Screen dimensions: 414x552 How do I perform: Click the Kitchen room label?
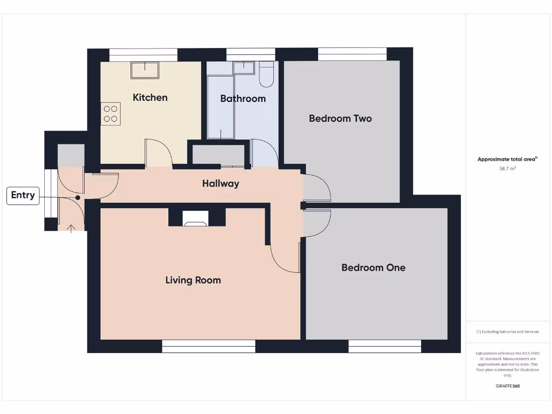coord(150,98)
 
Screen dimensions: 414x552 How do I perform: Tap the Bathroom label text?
coord(243,99)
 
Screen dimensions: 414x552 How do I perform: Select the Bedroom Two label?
coord(340,119)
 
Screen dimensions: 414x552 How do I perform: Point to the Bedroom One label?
coord(373,268)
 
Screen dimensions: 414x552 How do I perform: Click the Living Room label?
coord(193,280)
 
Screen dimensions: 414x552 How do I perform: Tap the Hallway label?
coord(220,184)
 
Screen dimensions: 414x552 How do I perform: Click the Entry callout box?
coord(23,196)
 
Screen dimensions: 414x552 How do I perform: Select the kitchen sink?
coord(144,71)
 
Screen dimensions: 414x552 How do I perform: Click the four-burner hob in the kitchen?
coord(110,114)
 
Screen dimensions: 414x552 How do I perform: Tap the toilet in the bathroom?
coord(266,74)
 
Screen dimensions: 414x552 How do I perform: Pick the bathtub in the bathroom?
coord(220,107)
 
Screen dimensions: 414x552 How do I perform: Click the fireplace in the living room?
coord(195,218)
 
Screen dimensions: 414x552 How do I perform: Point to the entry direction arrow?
coord(71,227)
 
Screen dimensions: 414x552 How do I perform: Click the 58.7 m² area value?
coord(508,169)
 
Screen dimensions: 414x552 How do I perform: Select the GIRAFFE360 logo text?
coord(507,386)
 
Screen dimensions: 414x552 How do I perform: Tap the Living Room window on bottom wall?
coord(209,347)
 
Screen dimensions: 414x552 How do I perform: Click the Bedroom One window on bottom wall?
coord(385,347)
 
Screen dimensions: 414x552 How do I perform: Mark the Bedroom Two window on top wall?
coord(352,54)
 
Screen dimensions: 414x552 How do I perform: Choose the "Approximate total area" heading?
coord(507,159)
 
